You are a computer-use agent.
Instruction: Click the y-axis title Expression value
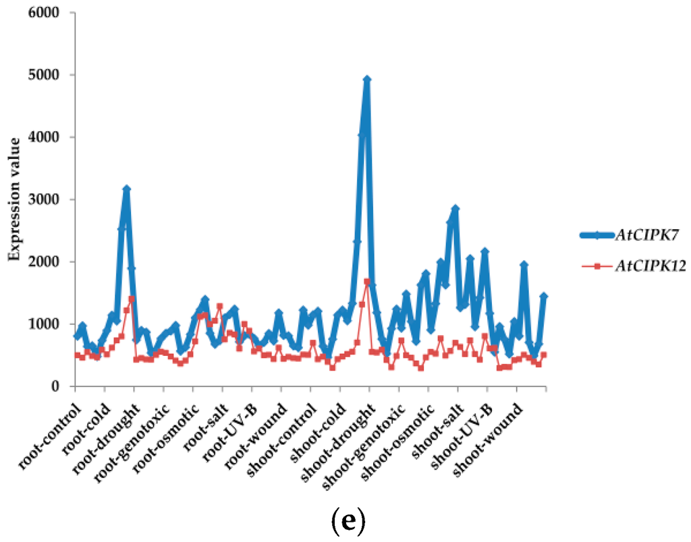point(13,200)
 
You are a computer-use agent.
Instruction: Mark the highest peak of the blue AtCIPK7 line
point(367,79)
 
